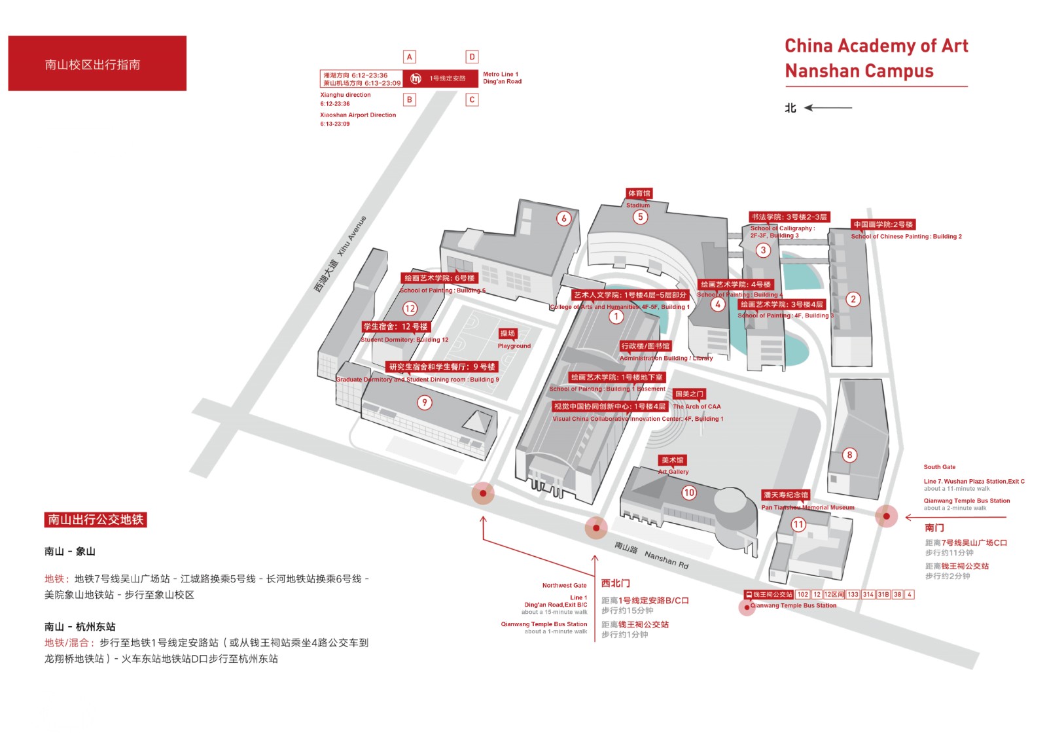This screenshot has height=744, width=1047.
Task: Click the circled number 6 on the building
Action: (564, 219)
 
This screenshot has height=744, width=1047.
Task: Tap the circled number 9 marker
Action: (425, 402)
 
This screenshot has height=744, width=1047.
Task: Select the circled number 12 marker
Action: (410, 308)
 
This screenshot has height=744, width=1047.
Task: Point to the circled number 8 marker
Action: (849, 455)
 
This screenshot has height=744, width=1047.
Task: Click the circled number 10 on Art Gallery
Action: (689, 493)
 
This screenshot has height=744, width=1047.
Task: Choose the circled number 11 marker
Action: (798, 524)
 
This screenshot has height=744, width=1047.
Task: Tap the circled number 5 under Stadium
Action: (640, 217)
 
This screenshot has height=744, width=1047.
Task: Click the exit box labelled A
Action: (410, 57)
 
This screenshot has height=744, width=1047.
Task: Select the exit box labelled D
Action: (472, 57)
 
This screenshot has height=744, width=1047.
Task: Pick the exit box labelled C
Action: (472, 99)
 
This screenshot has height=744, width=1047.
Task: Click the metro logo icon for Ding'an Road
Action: (416, 79)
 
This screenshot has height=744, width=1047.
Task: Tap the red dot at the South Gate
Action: (886, 516)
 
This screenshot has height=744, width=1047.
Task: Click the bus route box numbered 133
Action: (853, 595)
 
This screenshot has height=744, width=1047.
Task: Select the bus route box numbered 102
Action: (803, 595)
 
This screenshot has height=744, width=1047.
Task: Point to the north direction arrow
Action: (828, 108)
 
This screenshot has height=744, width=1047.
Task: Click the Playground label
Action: (513, 345)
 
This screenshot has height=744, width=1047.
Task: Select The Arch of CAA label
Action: (697, 406)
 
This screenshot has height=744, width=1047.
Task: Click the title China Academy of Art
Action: (876, 46)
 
